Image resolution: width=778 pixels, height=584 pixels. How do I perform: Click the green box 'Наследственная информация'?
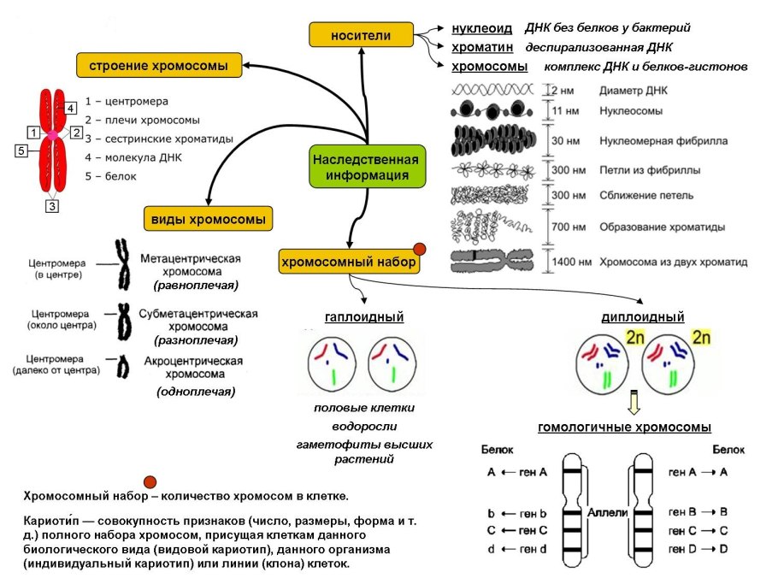coord(365,168)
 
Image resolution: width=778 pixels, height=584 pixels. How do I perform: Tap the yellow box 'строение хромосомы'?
coord(159,65)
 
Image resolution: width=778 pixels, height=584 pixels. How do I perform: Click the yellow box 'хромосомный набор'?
coord(349,262)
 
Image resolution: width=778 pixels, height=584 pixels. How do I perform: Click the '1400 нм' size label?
coord(569,262)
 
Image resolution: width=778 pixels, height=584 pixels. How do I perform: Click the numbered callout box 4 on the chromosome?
coord(71,107)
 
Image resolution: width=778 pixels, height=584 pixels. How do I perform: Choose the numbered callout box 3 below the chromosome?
coord(52,206)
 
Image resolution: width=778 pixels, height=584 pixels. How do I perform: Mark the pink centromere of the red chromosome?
coord(52,134)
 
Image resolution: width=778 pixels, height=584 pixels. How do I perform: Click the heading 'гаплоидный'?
coord(364,317)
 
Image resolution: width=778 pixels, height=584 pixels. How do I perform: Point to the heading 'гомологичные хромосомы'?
coord(624,428)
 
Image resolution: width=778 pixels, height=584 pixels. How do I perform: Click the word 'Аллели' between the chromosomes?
coord(608,511)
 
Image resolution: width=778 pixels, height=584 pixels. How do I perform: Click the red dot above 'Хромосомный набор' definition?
coord(150,481)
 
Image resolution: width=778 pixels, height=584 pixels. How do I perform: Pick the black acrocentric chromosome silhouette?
coord(123,367)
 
